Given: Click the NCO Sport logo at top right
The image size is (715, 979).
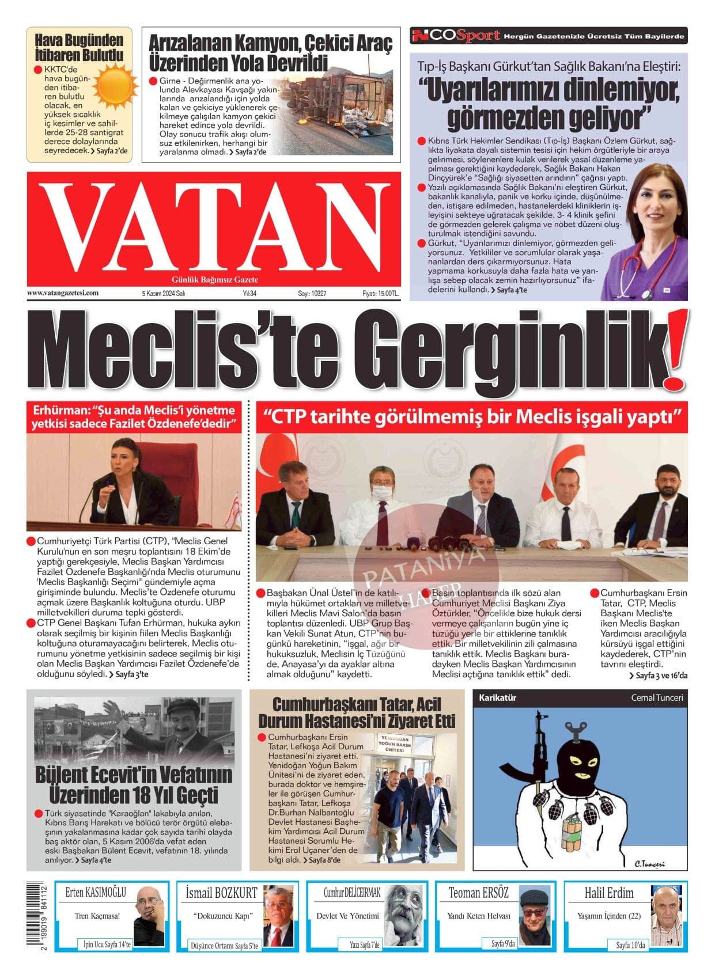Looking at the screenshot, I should pyautogui.click(x=455, y=36).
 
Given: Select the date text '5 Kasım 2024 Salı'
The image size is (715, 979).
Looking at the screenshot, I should pyautogui.click(x=163, y=293).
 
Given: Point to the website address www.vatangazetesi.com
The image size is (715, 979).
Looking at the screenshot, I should pyautogui.click(x=63, y=293).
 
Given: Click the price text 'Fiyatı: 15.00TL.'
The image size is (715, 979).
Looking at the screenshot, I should pyautogui.click(x=381, y=293).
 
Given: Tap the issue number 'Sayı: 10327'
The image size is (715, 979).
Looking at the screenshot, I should pyautogui.click(x=312, y=293).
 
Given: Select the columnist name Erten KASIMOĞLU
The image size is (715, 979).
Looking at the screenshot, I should pyautogui.click(x=95, y=893).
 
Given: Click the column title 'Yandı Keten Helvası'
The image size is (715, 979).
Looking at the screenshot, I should pyautogui.click(x=479, y=916).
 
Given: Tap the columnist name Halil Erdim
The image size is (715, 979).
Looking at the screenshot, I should pyautogui.click(x=609, y=893).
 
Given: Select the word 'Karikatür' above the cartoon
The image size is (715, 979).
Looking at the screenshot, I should pyautogui.click(x=498, y=697).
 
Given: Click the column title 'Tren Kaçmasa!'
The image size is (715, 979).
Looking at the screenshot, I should pyautogui.click(x=97, y=916).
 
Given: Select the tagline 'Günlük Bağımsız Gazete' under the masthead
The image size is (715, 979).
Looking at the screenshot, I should pyautogui.click(x=215, y=280).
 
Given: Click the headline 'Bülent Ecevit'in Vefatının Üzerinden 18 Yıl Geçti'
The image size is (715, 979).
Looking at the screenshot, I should pyautogui.click(x=134, y=784).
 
